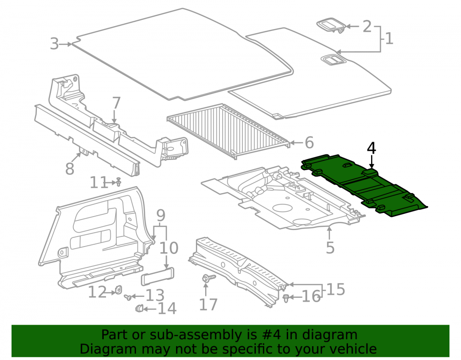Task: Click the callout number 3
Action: point(54,44)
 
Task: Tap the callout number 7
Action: point(117,103)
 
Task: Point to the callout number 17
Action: point(208,304)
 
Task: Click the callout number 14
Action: point(167,308)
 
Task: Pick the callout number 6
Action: point(309,142)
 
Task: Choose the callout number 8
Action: point(70,169)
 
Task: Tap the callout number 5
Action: point(330,248)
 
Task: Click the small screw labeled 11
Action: point(118,182)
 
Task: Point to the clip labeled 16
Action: point(286,298)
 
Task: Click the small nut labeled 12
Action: point(118,290)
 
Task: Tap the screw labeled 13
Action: point(128,297)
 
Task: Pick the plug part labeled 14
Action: point(139,308)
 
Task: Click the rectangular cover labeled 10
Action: point(158,277)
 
